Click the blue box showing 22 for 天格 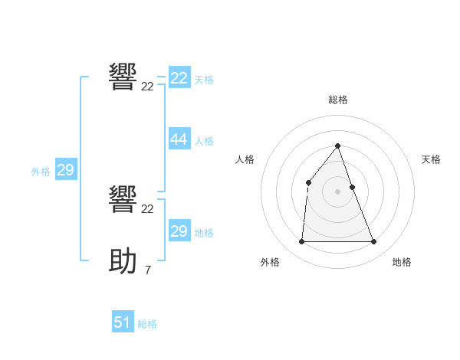tap(179, 78)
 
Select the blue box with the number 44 tap(179, 139)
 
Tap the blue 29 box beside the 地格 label tap(179, 231)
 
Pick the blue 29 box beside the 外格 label tap(65, 170)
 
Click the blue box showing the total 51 tap(123, 322)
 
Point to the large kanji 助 tap(123, 261)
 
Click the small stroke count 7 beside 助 tap(147, 270)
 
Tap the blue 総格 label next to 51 tap(147, 324)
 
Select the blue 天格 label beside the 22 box tap(204, 80)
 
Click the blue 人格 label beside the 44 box tap(204, 141)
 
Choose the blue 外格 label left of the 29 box tap(41, 172)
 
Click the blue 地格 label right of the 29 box tap(204, 233)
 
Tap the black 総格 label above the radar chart tap(337, 100)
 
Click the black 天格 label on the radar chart tap(431, 159)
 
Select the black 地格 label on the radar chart tap(402, 262)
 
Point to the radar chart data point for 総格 tap(337, 146)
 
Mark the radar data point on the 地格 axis tap(373, 242)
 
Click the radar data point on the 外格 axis tap(301, 242)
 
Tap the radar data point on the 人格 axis tap(308, 182)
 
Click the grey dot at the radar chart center tap(337, 191)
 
